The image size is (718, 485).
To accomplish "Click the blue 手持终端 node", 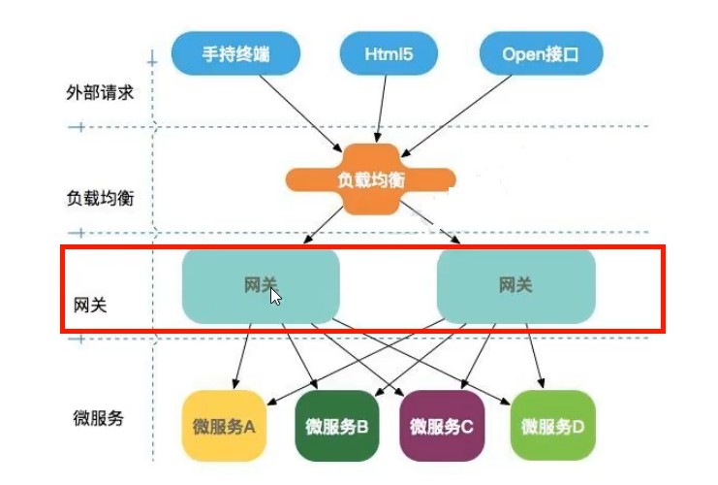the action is (235, 53).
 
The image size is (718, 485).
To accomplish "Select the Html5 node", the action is (389, 53).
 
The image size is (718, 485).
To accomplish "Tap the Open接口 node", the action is (541, 53).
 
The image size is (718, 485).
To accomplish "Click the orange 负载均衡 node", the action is (370, 179).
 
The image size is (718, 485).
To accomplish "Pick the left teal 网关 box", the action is (261, 286).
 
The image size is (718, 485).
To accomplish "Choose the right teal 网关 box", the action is (516, 286).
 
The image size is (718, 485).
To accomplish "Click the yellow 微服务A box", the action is (224, 426).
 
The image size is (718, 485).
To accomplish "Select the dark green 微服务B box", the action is (337, 426).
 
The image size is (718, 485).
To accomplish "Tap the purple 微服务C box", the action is (442, 426).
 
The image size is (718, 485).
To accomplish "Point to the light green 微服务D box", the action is (552, 426).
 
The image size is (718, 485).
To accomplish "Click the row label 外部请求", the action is (100, 92).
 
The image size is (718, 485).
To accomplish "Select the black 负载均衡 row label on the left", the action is (100, 198).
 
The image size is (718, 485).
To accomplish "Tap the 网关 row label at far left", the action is (90, 305).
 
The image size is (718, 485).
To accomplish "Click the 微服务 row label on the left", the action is (99, 418).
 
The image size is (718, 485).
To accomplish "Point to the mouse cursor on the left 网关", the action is (275, 297).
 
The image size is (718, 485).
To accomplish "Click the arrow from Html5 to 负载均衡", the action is (382, 109).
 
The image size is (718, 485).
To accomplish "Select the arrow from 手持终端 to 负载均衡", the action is (300, 113).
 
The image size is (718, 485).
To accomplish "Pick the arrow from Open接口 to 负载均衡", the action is (456, 116).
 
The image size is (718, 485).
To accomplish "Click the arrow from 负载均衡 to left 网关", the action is (323, 225).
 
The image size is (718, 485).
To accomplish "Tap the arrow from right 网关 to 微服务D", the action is (535, 356).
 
